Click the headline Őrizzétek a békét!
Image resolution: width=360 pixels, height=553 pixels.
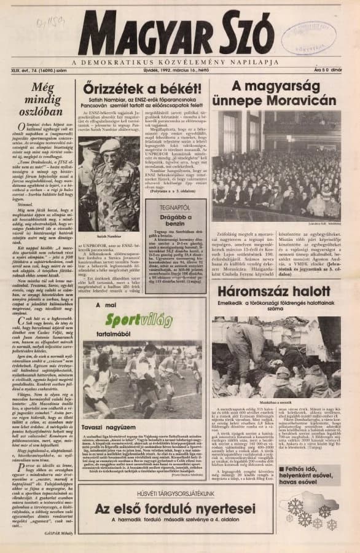point(140,87)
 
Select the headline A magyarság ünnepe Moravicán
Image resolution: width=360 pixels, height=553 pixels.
point(275,92)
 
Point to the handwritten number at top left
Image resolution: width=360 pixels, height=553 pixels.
point(51,25)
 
